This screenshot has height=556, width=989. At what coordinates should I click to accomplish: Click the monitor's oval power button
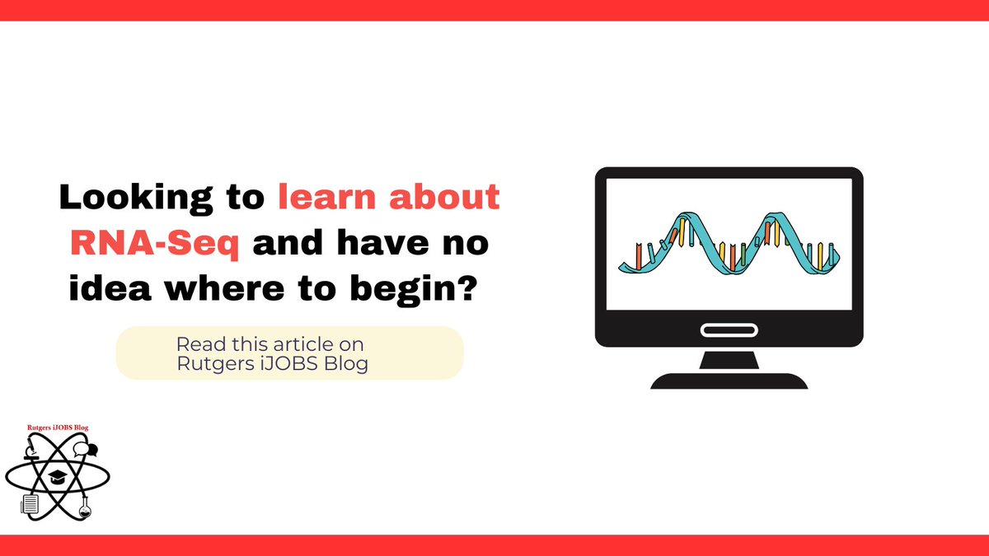click(729, 329)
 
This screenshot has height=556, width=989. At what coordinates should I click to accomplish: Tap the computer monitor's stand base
click(729, 381)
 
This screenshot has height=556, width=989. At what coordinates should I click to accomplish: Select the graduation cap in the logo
click(57, 477)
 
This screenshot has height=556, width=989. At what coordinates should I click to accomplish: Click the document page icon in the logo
click(30, 503)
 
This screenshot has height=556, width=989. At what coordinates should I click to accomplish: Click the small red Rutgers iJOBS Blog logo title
click(57, 428)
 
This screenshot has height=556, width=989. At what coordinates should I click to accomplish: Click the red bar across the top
click(494, 10)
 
